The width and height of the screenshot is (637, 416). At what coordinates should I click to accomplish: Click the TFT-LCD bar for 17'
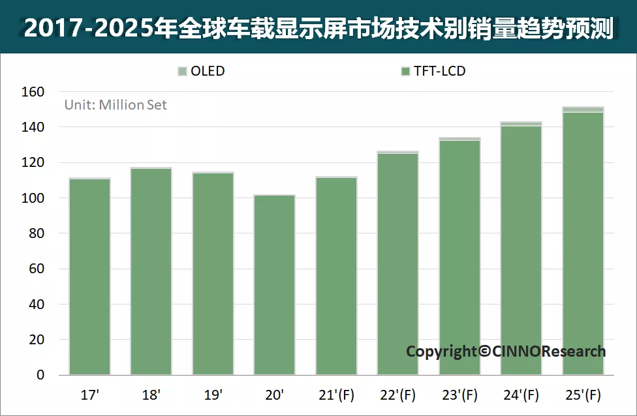pyautogui.click(x=89, y=277)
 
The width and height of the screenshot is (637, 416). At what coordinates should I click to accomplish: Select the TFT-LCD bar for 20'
pyautogui.click(x=274, y=286)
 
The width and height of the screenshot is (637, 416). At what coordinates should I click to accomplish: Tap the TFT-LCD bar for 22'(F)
pyautogui.click(x=397, y=264)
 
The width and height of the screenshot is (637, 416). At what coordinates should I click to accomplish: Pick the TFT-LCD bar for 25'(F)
pyautogui.click(x=583, y=244)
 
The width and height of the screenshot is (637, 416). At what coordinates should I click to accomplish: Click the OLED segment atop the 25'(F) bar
pyautogui.click(x=583, y=110)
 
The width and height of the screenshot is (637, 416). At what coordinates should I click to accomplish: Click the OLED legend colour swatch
pyautogui.click(x=182, y=71)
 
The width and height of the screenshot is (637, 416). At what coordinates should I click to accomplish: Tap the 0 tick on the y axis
pyautogui.click(x=40, y=375)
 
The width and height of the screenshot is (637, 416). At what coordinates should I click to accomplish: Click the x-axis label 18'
pyautogui.click(x=151, y=395)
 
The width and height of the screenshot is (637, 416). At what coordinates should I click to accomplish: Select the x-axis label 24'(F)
pyautogui.click(x=521, y=395)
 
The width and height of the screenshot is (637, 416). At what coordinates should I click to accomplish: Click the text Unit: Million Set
pyautogui.click(x=116, y=105)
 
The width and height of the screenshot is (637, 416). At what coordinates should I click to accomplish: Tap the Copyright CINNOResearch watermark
pyautogui.click(x=505, y=351)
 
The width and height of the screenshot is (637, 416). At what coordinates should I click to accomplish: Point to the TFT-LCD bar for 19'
pyautogui.click(x=213, y=274)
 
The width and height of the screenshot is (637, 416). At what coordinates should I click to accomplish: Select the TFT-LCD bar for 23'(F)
pyautogui.click(x=459, y=258)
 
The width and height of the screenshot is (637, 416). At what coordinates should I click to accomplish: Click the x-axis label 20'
pyautogui.click(x=274, y=395)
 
